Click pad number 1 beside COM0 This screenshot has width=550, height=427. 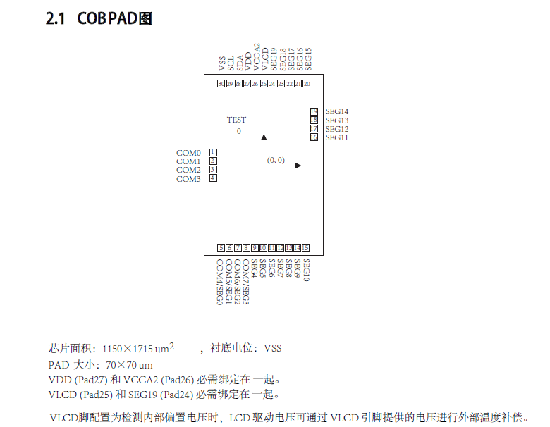[x=213, y=152]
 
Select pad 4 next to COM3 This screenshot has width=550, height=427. [x=213, y=178]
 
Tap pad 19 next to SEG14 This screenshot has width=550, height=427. [x=314, y=111]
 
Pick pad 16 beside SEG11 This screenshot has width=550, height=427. [x=314, y=137]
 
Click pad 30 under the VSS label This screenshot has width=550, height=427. [x=221, y=84]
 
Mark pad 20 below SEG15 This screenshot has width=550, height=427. [x=306, y=84]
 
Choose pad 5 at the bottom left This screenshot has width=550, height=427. [x=221, y=247]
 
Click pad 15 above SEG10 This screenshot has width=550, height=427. [x=306, y=247]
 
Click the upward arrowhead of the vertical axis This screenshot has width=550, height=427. [x=264, y=137]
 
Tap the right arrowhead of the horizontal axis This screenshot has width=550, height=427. [x=298, y=166]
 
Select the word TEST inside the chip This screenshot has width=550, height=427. [x=236, y=120]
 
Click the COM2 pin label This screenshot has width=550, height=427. [x=188, y=170]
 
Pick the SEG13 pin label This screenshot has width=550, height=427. [x=337, y=120]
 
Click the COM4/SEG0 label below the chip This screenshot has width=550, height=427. [x=220, y=282]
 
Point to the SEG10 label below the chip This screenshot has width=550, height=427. [x=306, y=271]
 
